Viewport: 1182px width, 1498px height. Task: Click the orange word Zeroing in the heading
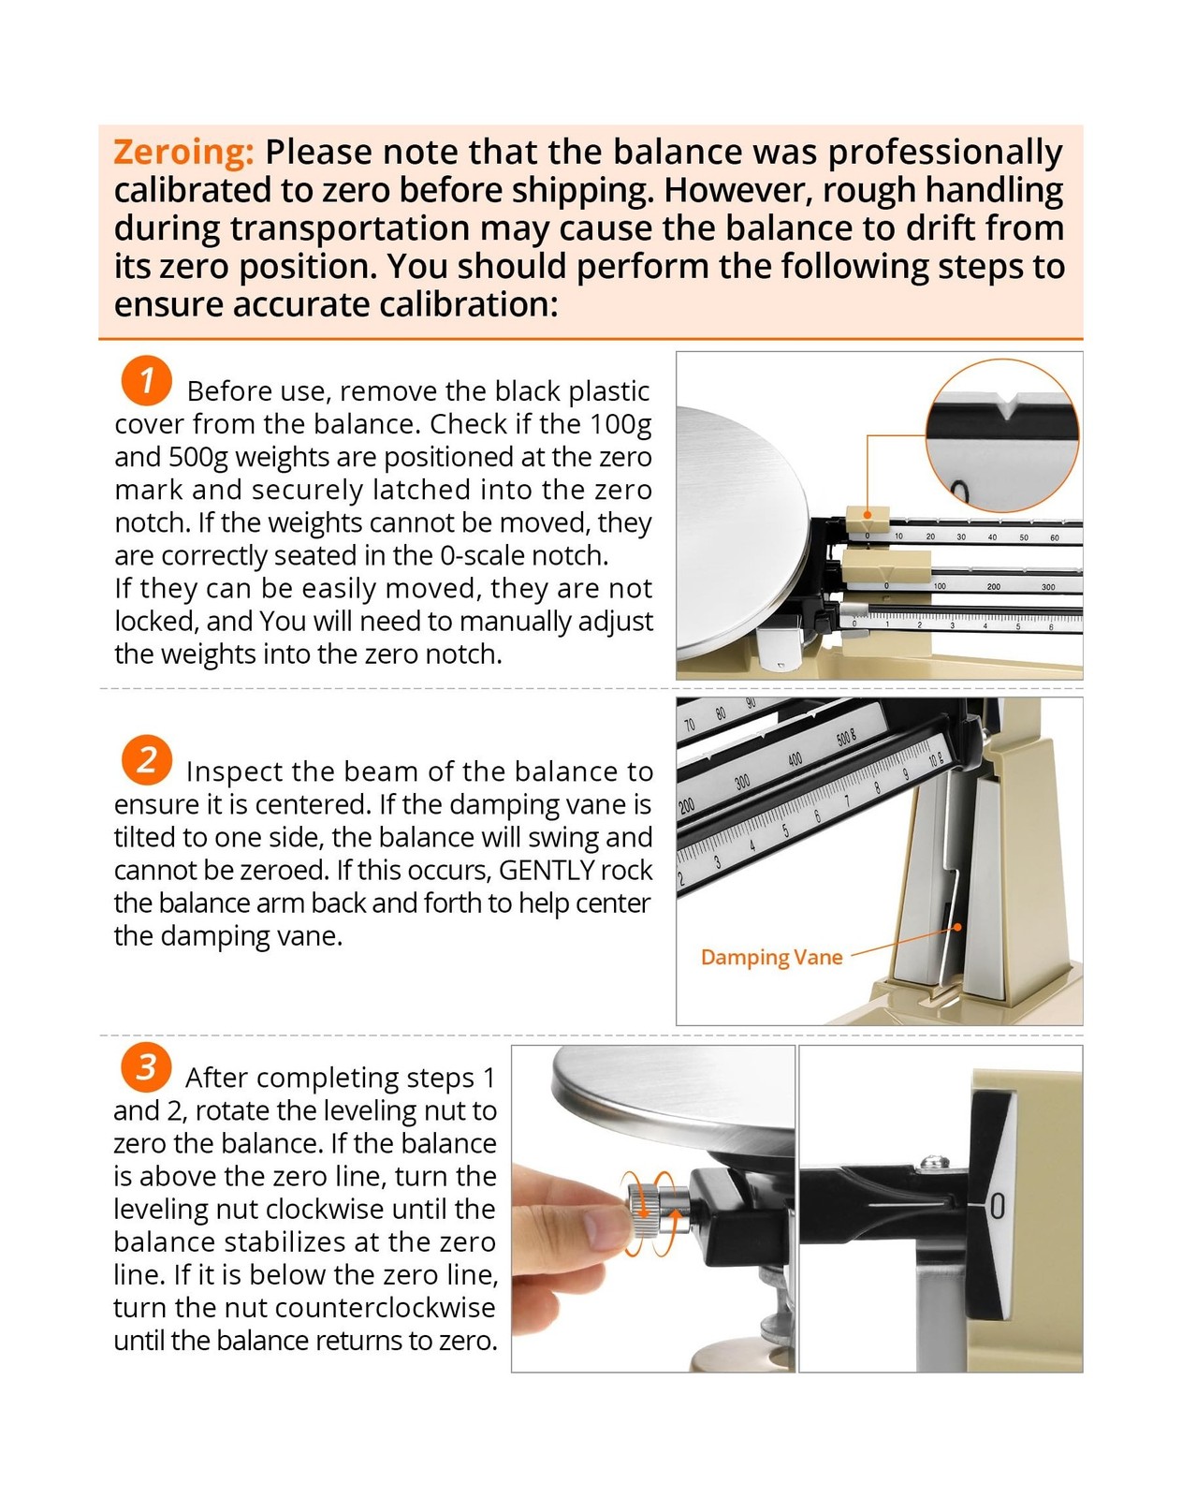click(x=183, y=153)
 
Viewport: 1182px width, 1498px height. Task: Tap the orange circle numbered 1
click(x=146, y=381)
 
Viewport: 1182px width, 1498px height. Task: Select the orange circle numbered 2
click(x=146, y=759)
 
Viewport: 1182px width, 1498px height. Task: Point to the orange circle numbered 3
click(x=145, y=1066)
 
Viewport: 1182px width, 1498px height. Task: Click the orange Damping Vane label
click(x=771, y=958)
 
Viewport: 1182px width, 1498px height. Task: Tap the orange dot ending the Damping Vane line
click(x=958, y=927)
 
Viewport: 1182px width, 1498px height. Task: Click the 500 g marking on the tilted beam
click(x=845, y=737)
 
